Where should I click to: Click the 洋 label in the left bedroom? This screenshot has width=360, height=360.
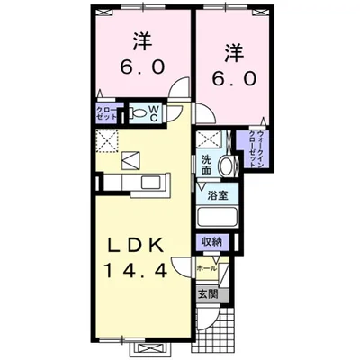[142, 40]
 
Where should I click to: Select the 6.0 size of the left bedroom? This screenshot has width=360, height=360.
[141, 66]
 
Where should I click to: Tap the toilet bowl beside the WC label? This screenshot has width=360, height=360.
[137, 113]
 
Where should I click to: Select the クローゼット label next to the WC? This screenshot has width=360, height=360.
[106, 113]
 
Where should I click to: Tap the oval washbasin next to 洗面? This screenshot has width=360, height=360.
[223, 165]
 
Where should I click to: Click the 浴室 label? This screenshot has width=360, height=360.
[217, 194]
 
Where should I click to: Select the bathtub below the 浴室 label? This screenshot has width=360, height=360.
[216, 218]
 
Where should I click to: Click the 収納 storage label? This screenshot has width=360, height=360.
[212, 241]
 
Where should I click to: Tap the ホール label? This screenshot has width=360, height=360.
[206, 267]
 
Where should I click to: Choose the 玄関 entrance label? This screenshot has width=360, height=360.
[207, 292]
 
